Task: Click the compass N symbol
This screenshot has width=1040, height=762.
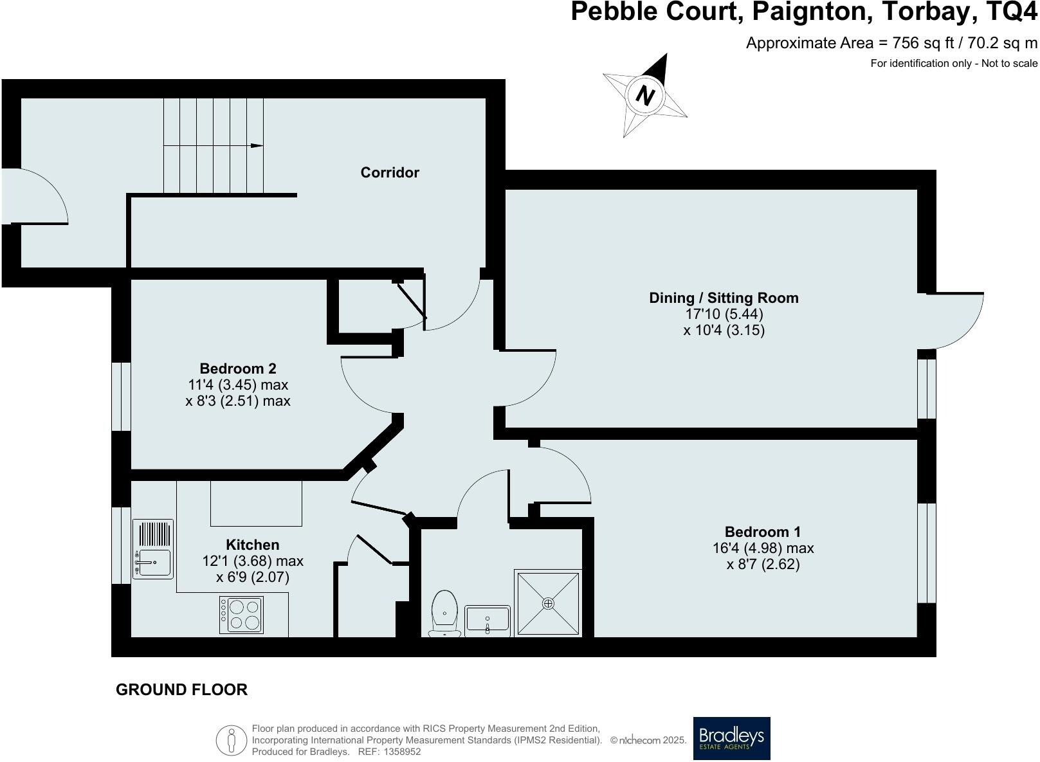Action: tap(644, 95)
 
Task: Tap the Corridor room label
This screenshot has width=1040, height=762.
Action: tap(390, 172)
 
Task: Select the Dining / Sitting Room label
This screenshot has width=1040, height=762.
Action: tap(724, 298)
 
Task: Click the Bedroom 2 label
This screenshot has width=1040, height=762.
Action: tap(238, 368)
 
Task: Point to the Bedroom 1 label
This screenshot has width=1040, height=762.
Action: tap(763, 532)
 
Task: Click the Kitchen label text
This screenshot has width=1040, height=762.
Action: tap(252, 545)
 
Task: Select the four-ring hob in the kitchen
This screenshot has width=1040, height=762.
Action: tap(241, 615)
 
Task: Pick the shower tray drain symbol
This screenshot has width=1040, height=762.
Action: tap(548, 603)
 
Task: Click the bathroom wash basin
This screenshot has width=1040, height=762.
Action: tap(487, 620)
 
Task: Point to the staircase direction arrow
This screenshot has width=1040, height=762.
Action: tap(257, 146)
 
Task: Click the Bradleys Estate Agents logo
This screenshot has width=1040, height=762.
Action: tap(731, 738)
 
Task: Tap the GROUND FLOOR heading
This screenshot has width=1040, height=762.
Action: tap(181, 689)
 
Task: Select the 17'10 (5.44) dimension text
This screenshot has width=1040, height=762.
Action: tap(724, 314)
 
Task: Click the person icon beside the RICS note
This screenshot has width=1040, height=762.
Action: tap(231, 740)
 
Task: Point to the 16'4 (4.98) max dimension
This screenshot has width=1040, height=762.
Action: tap(763, 549)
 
